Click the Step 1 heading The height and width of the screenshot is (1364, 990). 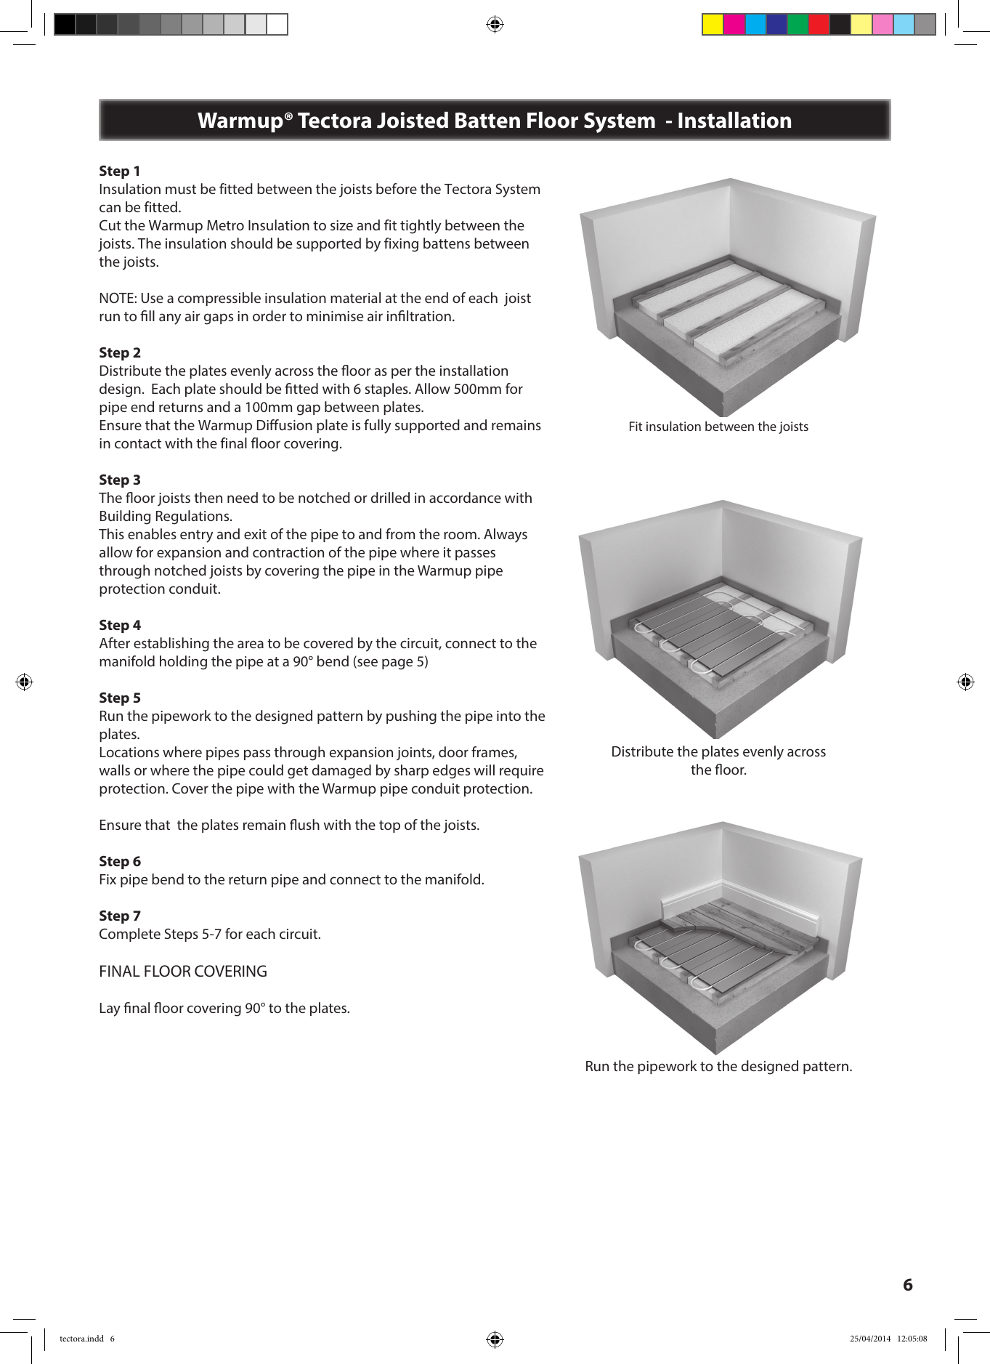point(120,171)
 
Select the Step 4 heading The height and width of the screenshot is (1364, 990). point(120,626)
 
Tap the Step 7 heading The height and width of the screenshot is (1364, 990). point(120,916)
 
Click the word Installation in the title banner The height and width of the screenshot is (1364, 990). point(734,121)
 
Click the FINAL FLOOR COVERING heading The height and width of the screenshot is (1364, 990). point(183,972)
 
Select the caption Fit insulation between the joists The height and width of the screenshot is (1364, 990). point(718,427)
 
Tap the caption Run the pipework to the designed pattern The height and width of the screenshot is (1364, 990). point(718,1067)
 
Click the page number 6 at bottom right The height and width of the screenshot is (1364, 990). point(907,1285)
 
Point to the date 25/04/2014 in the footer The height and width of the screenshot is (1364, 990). point(869,1339)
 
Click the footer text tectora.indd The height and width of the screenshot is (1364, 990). point(81,1339)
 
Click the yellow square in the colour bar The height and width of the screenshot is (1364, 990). point(713,25)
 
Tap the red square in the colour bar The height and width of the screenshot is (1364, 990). point(819,25)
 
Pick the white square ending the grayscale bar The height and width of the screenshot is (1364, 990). point(277,25)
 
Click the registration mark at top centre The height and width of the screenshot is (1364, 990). point(495,25)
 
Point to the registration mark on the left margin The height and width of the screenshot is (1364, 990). point(24,682)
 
